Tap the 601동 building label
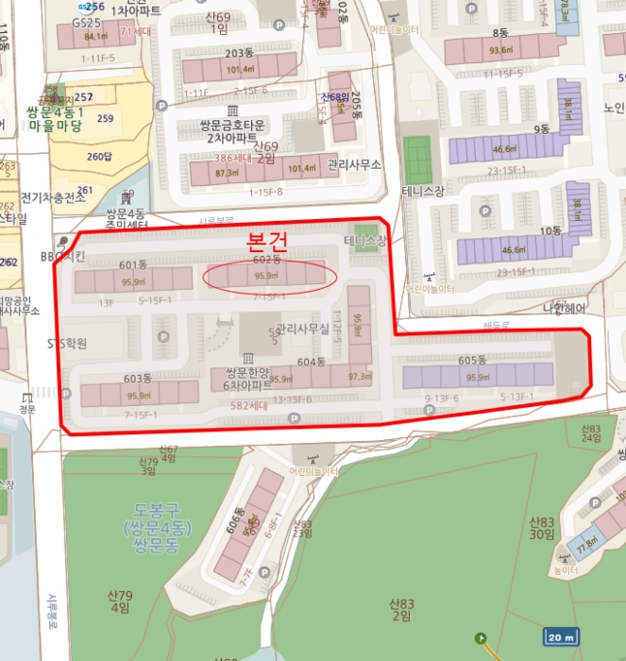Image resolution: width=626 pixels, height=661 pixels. [x=134, y=264]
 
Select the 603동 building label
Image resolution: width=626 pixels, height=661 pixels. [x=138, y=379]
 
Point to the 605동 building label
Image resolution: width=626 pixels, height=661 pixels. [x=471, y=361]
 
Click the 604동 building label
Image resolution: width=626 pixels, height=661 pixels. [x=312, y=363]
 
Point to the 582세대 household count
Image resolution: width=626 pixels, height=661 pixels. [x=248, y=405]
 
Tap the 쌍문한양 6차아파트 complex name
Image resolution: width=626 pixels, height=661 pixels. [x=248, y=379]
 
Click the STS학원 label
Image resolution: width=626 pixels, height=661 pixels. [x=67, y=344]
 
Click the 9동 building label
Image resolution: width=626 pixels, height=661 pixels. [x=542, y=128]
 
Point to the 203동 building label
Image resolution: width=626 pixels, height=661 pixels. [x=239, y=53]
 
